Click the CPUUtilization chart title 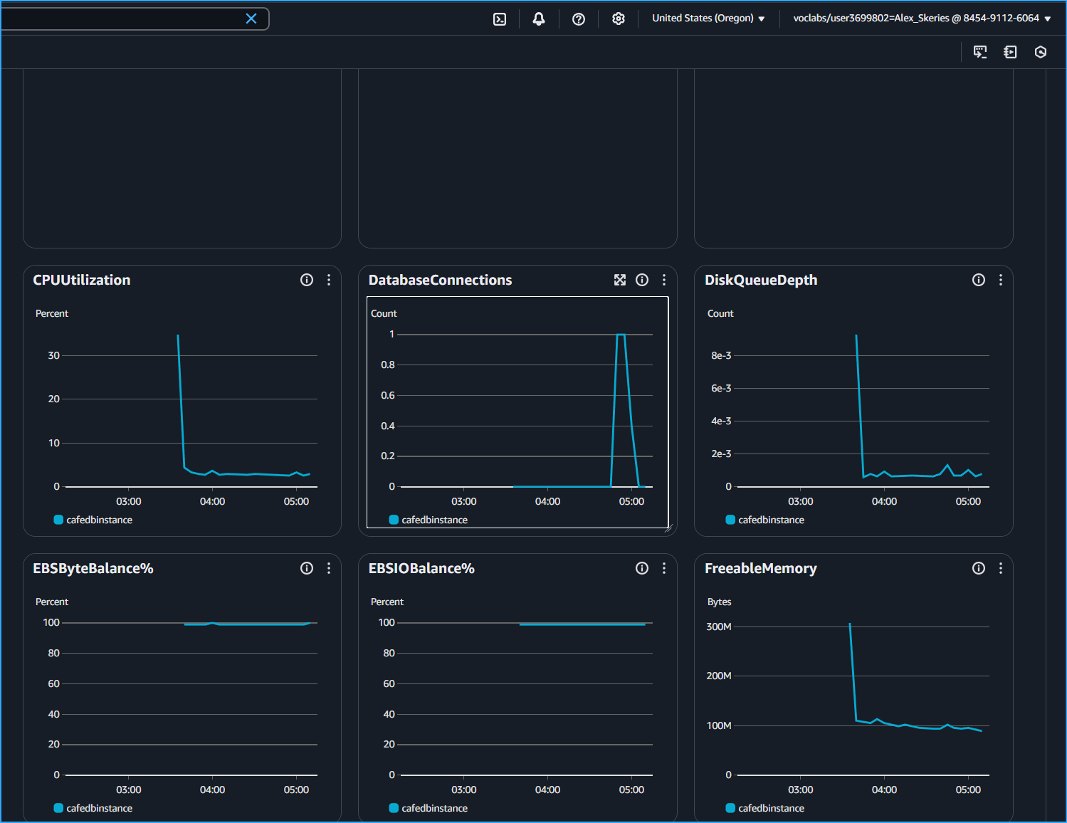tap(82, 280)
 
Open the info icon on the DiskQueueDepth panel tap(979, 280)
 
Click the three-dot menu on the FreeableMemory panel tap(1001, 568)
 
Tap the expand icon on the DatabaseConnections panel tap(620, 280)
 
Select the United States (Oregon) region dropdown tap(708, 19)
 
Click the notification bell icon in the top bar tap(539, 19)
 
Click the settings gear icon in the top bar tap(619, 19)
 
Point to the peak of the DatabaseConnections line tap(621, 335)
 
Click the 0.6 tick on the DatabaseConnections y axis tap(387, 395)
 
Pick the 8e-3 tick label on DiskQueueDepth tap(721, 355)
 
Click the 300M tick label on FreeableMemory tap(719, 627)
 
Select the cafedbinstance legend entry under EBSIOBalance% tap(434, 808)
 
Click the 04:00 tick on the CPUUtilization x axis tap(212, 501)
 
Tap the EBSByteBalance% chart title tap(93, 568)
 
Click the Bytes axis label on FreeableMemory tap(719, 602)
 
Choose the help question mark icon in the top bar tap(579, 19)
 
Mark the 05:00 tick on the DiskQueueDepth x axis tap(968, 501)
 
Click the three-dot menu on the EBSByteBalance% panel tap(329, 568)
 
